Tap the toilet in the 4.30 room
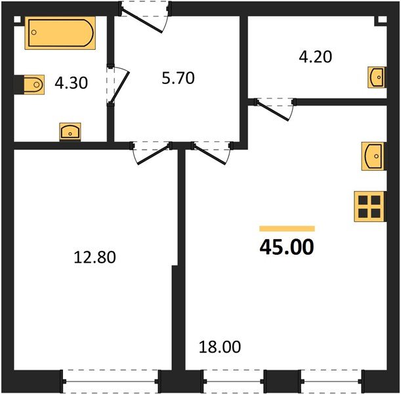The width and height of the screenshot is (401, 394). click(30, 85)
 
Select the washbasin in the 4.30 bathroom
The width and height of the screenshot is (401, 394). click(70, 131)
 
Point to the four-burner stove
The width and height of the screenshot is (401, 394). click(368, 206)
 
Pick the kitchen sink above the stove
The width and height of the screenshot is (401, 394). click(372, 156)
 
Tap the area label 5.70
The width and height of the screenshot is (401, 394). click(179, 79)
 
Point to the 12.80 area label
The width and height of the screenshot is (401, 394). click(96, 257)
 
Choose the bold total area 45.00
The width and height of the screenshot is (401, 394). click(287, 247)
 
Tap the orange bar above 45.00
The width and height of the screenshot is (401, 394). click(287, 229)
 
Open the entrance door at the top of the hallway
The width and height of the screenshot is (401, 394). click(146, 15)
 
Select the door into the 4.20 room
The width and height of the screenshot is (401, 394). click(274, 108)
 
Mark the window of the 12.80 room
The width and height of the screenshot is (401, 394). click(110, 380)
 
